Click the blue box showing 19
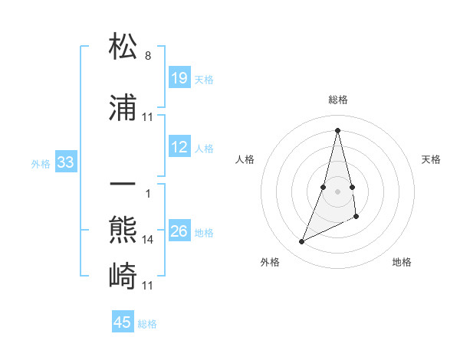point(179,78)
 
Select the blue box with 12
point(179,148)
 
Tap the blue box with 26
point(179,232)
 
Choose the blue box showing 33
point(65,162)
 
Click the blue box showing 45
point(123,322)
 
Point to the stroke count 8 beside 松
point(147,56)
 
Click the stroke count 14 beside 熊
point(148,239)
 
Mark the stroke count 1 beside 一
point(147,193)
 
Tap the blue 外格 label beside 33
point(41,163)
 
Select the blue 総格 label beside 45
point(147,324)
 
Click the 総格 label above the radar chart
point(337,100)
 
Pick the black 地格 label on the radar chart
point(402,263)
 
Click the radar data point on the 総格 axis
point(337,129)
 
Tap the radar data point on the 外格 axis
point(301,242)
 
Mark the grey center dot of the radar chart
point(337,191)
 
